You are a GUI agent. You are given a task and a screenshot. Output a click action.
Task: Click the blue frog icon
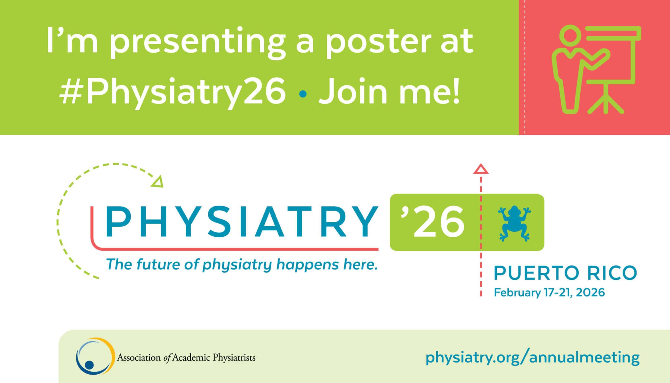(514, 223)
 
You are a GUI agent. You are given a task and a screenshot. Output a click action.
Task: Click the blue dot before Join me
(303, 94)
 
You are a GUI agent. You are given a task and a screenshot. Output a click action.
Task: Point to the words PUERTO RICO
(565, 273)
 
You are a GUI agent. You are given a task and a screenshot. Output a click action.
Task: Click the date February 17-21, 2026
(549, 293)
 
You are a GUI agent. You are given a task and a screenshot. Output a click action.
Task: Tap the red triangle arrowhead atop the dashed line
(481, 169)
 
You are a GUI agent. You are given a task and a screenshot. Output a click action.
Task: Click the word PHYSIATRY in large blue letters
(241, 222)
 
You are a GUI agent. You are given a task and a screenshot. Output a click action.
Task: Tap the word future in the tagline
(159, 264)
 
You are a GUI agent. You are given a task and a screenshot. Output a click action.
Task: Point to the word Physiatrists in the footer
(234, 358)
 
